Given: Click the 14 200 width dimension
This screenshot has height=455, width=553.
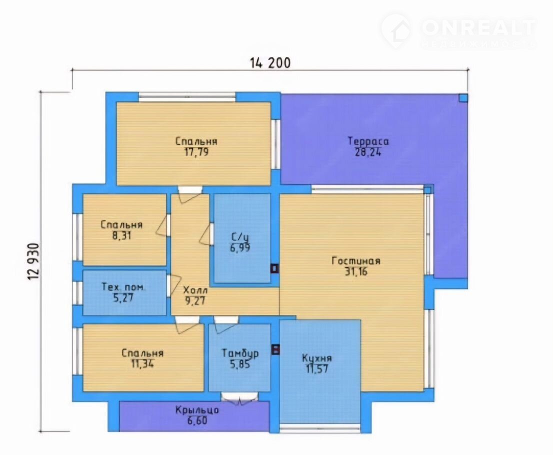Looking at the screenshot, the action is [x=270, y=63].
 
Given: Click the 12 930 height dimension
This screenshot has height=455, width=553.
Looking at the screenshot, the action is [x=33, y=261].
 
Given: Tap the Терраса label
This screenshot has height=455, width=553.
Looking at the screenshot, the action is [x=368, y=141].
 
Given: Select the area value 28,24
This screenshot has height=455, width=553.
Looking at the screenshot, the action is [x=368, y=152].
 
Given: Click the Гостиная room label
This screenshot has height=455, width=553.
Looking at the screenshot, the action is [x=356, y=261].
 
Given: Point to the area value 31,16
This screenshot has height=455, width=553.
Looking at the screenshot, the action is [x=355, y=271].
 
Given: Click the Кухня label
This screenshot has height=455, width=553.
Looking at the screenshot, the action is [x=316, y=358].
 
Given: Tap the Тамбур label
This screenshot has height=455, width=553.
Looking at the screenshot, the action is [x=240, y=353].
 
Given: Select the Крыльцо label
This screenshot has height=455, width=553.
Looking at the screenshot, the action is [x=197, y=410].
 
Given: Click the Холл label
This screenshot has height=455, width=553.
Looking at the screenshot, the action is [x=195, y=290].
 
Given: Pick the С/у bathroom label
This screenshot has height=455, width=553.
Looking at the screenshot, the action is [x=240, y=236].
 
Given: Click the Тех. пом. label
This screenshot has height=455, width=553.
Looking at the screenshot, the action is [x=123, y=287].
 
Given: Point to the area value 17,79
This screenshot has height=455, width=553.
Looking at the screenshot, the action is [x=196, y=152].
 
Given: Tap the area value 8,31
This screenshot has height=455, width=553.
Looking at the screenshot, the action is [x=121, y=235].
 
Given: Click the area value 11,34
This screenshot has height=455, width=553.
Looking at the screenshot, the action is [x=142, y=363].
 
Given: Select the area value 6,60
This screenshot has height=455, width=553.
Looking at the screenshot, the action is [x=197, y=420].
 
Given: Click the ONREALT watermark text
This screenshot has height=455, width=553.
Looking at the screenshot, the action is [x=478, y=27].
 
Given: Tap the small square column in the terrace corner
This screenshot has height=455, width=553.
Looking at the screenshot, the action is [x=463, y=97].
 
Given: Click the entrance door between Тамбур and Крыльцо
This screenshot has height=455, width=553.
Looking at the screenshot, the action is [x=239, y=396].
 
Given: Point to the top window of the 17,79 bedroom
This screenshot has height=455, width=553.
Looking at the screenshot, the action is [x=187, y=94].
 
